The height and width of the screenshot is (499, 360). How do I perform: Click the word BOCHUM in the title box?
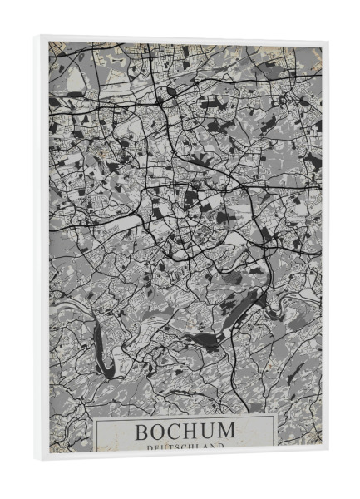(x=185, y=432)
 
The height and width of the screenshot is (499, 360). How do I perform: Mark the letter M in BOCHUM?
(x=226, y=432)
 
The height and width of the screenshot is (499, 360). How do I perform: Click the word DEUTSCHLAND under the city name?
(x=185, y=447)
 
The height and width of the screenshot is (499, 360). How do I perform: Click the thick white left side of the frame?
(x=44, y=249)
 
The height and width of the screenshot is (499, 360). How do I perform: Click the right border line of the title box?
(x=276, y=432)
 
